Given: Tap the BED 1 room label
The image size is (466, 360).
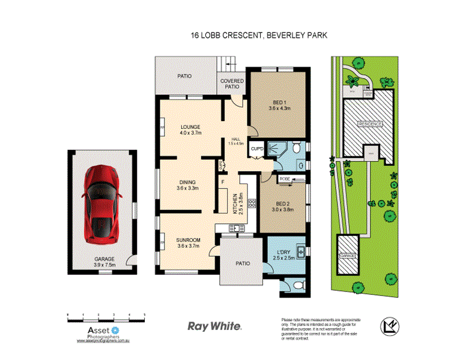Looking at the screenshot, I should pyautogui.click(x=279, y=105).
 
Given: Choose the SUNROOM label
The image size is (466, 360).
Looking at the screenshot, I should pyautogui.click(x=188, y=243).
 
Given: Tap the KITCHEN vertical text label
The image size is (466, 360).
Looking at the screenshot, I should pyautogui.click(x=235, y=203).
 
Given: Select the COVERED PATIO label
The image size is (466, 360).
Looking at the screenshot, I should pyautogui.click(x=232, y=83).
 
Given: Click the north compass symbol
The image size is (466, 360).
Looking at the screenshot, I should pyautogui.click(x=389, y=326).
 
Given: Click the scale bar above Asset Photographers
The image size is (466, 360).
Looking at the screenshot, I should pyautogui.click(x=106, y=315).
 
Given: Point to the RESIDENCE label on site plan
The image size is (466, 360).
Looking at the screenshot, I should pyautogui.click(x=370, y=124).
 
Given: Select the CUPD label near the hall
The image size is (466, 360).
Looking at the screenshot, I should pyautogui.click(x=257, y=148).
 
